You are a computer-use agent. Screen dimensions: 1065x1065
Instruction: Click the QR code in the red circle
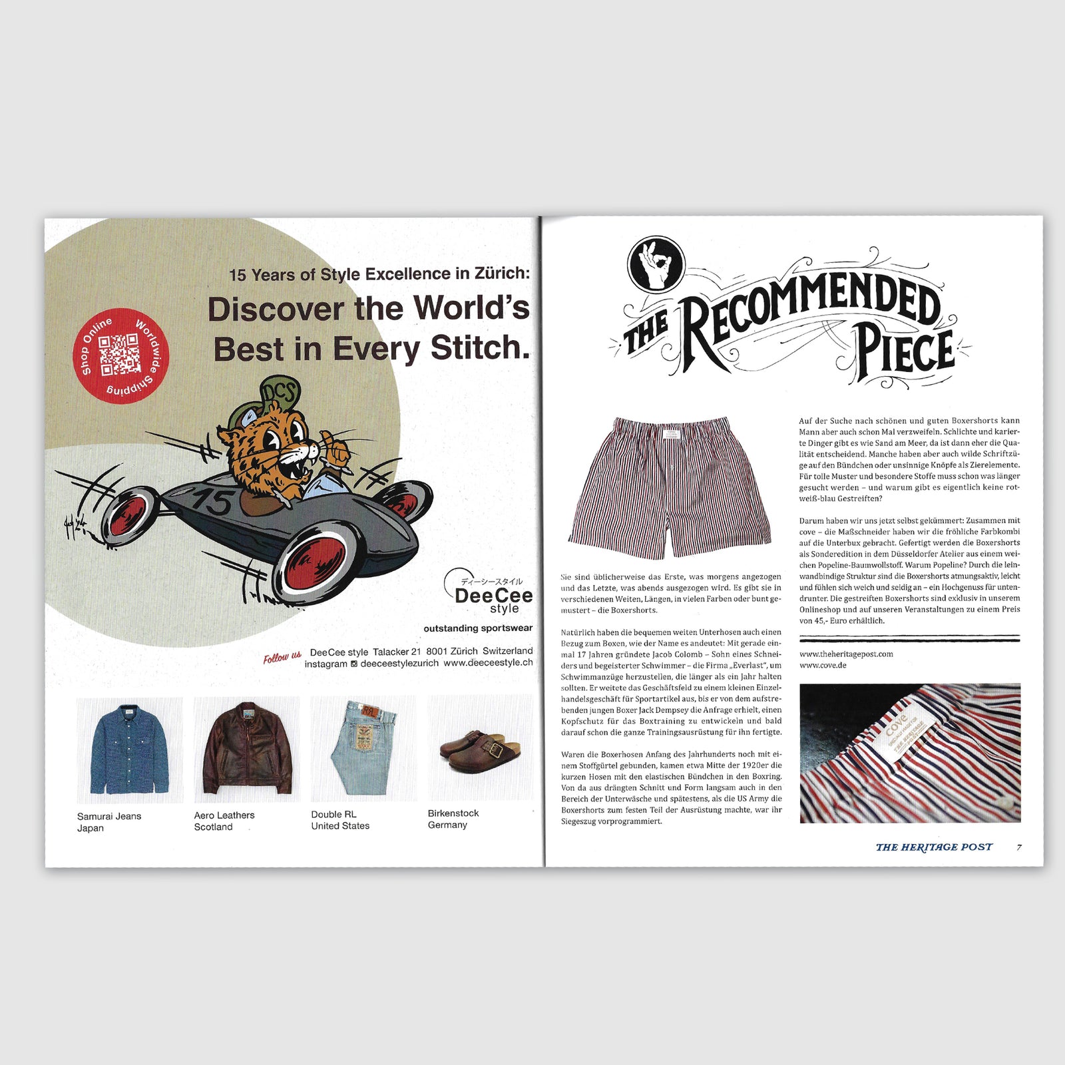tap(120, 354)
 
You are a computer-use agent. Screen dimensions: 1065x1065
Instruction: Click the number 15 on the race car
tap(212, 501)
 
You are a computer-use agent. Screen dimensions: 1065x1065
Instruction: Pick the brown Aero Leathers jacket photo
tap(247, 749)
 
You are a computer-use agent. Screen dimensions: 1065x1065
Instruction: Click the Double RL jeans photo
tap(363, 748)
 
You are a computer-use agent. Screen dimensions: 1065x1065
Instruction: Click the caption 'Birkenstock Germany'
tap(453, 819)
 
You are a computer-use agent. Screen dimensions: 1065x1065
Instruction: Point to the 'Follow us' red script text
tap(282, 658)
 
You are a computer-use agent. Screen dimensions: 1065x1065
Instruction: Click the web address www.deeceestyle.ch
tap(488, 663)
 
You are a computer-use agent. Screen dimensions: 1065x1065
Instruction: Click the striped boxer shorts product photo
tap(670, 487)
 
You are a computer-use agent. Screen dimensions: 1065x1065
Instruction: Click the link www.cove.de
tap(823, 665)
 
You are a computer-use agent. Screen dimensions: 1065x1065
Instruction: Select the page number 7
tap(1019, 847)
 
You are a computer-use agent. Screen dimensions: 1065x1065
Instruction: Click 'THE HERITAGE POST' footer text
tap(933, 847)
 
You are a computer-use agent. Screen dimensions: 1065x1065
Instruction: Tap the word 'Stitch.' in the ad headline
tap(480, 348)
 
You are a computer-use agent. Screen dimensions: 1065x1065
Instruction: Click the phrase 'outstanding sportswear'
tap(478, 628)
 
